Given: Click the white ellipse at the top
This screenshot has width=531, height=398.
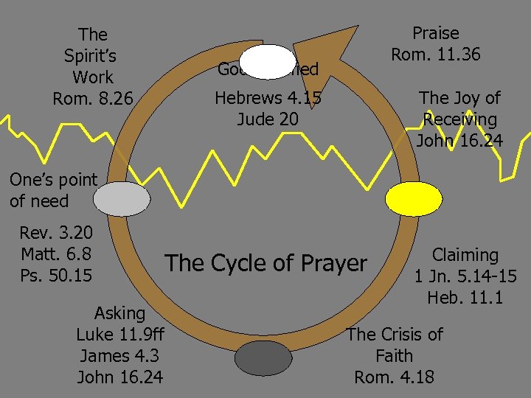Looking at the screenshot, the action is point(268,62).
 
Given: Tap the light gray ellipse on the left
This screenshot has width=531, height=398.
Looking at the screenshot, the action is point(122,199).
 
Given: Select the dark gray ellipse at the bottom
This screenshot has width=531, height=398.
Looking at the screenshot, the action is point(263,358).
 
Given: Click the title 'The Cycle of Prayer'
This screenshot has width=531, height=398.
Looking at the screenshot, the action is point(265,263).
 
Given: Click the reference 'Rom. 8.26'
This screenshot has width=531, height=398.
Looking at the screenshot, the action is point(93,98).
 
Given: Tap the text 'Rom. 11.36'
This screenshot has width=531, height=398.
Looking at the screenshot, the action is point(435,55).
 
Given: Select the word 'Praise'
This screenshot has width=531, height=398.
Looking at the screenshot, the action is point(435,33).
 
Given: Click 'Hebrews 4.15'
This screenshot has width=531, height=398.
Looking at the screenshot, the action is point(268,98).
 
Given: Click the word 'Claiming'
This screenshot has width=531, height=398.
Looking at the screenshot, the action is point(465,255).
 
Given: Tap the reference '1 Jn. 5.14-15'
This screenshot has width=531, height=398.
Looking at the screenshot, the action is point(465,276).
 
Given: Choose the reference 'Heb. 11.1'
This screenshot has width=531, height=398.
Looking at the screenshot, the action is point(465,298).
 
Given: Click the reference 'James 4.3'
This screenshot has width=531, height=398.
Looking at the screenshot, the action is point(120,356).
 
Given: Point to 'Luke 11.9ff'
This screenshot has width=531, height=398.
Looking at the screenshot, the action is point(120,335).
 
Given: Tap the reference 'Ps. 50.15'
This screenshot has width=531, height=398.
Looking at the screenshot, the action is point(56,276).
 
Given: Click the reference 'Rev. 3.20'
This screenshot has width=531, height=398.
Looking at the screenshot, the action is point(56,234).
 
